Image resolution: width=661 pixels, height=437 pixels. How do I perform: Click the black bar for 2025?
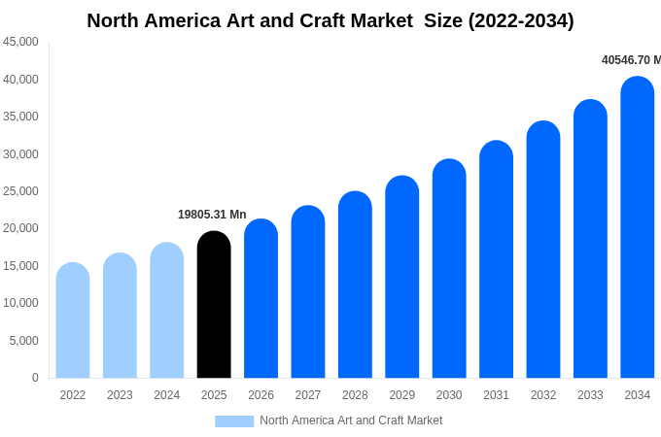(x=214, y=305)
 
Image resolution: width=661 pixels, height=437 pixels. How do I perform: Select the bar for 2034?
(x=638, y=228)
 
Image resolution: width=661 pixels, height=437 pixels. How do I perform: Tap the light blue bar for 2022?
(x=73, y=320)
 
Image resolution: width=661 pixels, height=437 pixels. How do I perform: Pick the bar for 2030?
(x=449, y=269)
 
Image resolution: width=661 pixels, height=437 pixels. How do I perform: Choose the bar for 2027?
(x=308, y=292)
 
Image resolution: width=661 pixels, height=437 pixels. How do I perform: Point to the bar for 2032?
(x=543, y=250)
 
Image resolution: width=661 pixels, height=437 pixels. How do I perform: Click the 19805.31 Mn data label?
(x=212, y=215)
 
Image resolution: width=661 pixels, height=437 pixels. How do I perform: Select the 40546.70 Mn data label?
(x=631, y=60)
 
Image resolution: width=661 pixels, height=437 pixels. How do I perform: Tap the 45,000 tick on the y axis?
(x=21, y=42)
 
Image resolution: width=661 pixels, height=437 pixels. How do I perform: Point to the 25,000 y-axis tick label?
(x=21, y=191)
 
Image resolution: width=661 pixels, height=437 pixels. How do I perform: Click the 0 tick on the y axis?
(x=35, y=378)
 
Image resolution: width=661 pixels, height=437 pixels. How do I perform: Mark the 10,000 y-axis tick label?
(x=21, y=303)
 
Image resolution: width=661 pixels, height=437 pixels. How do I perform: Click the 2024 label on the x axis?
(x=167, y=395)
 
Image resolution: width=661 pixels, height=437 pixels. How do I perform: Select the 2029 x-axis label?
(x=402, y=395)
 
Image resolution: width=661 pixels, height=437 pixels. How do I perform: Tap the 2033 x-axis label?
(x=590, y=395)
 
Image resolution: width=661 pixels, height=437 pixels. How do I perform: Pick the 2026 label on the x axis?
(x=261, y=395)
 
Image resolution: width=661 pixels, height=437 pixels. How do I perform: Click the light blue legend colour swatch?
(x=234, y=421)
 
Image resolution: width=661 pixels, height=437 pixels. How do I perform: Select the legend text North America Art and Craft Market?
(x=351, y=420)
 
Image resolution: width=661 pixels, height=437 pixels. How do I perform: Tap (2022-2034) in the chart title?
(x=521, y=20)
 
